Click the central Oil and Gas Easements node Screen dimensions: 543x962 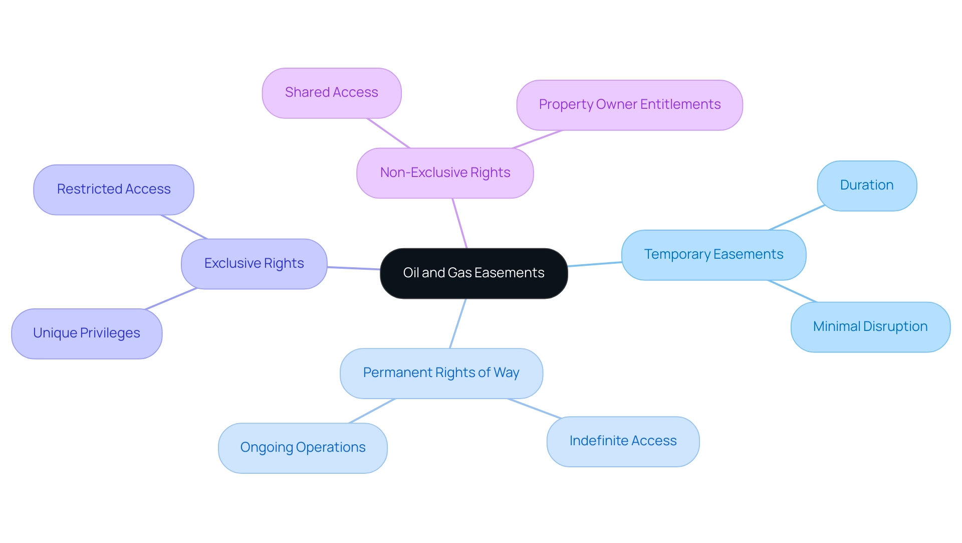tap(473, 273)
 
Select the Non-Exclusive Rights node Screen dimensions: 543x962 tap(445, 173)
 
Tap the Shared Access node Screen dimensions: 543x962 tap(331, 93)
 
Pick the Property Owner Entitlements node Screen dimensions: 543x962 tap(629, 105)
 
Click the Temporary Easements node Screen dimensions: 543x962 tap(713, 255)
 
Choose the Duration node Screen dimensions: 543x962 tap(867, 186)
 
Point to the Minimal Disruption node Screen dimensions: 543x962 tap(870, 327)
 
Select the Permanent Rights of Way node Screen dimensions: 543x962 tap(441, 373)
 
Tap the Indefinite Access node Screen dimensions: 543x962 tap(623, 441)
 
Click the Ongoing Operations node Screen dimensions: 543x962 tap(303, 448)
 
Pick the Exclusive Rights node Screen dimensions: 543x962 tap(254, 264)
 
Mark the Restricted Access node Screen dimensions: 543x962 tap(114, 190)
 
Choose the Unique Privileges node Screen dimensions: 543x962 tap(87, 333)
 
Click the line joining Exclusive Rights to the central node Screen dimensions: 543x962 tap(354, 268)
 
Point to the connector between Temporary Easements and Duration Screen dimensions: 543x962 tap(797, 218)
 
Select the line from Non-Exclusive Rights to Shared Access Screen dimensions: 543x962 tap(388, 133)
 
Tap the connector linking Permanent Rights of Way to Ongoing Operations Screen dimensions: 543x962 tap(372, 411)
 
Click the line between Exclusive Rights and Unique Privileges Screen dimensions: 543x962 tap(171, 299)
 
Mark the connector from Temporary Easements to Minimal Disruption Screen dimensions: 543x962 tap(792, 291)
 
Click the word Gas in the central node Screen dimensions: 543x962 tap(459, 273)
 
